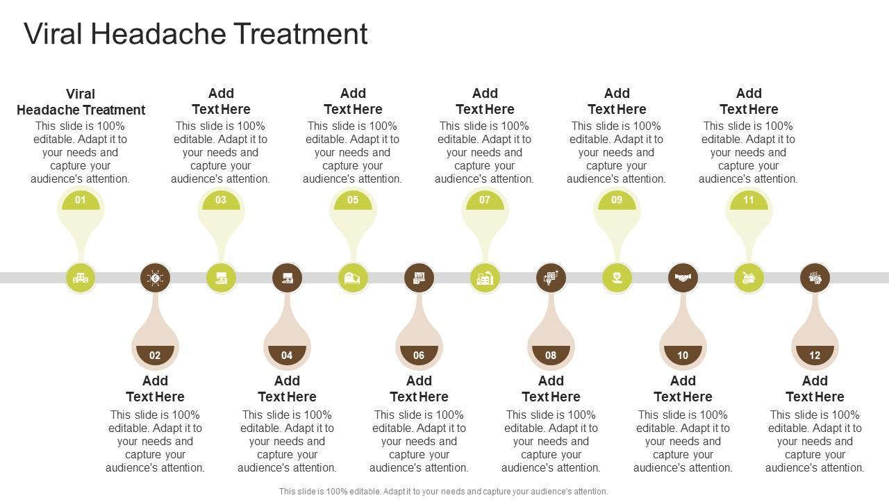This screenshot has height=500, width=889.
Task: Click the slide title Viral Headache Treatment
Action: coord(196,34)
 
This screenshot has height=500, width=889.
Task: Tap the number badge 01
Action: coord(81,201)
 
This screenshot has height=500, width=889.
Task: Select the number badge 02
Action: coord(155,355)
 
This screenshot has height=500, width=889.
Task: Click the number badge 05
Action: coord(353,201)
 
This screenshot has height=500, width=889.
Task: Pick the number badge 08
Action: coord(551,355)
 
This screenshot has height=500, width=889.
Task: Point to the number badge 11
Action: coord(749,201)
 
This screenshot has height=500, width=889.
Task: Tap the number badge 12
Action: coord(815,355)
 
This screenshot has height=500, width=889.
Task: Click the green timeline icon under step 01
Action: coord(81,278)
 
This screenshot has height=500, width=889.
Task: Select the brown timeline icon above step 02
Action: coord(155,278)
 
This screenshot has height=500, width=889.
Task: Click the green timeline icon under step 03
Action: coord(221,278)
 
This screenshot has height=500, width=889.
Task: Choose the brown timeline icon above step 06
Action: coord(419,278)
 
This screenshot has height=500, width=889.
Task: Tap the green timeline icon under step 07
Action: coord(485,278)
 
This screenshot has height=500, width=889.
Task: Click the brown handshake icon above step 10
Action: coord(683,278)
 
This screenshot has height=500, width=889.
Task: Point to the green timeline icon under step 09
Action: coord(617,278)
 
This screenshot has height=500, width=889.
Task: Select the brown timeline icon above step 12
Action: coord(815,278)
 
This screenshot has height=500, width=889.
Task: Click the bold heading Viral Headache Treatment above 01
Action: coord(81,101)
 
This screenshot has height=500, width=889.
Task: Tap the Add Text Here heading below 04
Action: coord(287,389)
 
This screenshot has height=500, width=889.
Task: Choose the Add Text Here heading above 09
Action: coord(617,101)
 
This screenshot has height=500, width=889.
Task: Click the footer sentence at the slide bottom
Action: coord(443,491)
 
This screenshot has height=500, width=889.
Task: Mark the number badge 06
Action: coord(419,355)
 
